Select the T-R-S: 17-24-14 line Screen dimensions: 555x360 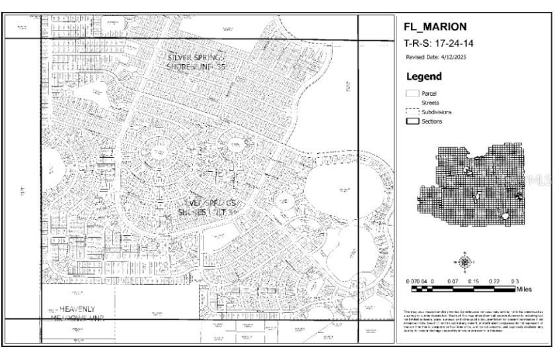click(436, 43)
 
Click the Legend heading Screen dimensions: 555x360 click(424, 77)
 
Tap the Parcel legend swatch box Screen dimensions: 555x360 click(412, 94)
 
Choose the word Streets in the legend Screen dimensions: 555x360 click(430, 103)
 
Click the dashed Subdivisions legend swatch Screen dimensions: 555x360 click(412, 112)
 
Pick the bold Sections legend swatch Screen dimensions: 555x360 click(412, 122)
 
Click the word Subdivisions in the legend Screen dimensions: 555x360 click(437, 112)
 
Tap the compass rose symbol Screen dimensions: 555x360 click(465, 262)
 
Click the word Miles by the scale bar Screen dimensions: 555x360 click(525, 289)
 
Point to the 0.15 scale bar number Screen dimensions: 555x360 click(472, 281)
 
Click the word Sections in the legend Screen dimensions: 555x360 click(432, 122)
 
